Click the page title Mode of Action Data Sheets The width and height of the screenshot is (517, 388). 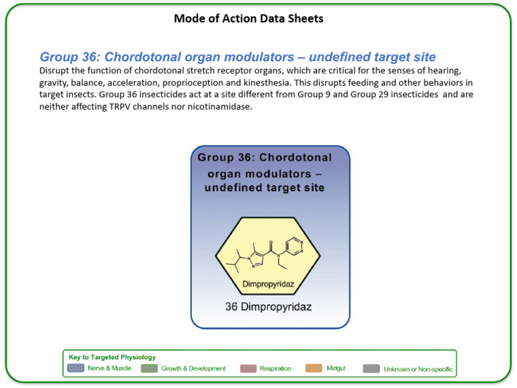click(x=248, y=18)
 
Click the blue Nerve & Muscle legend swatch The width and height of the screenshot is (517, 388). click(x=76, y=368)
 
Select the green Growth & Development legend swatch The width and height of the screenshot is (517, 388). click(x=149, y=368)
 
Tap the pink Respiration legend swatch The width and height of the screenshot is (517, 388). click(x=248, y=368)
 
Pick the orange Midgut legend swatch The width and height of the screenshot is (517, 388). click(x=314, y=368)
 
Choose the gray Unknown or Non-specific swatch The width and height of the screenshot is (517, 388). click(x=371, y=368)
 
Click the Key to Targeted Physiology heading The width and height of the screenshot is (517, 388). click(x=112, y=357)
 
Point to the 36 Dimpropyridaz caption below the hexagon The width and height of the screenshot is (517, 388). click(x=268, y=306)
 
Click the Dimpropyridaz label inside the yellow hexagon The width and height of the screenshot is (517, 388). click(x=268, y=284)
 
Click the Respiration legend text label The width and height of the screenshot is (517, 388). click(x=275, y=368)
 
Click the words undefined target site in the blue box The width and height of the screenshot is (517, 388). click(x=264, y=188)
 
